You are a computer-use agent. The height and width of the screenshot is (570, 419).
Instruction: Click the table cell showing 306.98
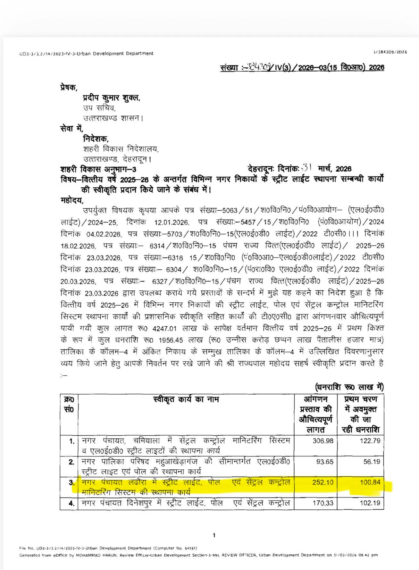pos(323,441)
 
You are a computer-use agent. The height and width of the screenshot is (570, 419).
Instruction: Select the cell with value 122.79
pos(370,441)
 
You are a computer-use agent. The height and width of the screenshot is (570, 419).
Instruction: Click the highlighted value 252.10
pos(323,482)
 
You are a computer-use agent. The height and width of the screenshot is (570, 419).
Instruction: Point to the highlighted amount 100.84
pos(370,482)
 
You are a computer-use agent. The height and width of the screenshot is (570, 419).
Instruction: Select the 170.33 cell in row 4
pos(323,503)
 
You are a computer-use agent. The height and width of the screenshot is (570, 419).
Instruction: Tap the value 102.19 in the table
pos(370,503)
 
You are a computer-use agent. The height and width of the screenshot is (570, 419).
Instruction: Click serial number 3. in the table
pos(72,482)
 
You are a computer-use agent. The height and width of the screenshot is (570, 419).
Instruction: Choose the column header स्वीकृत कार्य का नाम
pos(186,399)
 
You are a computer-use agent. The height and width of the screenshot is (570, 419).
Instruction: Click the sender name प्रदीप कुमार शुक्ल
pos(111,98)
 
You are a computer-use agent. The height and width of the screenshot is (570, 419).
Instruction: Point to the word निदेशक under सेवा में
pos(96,139)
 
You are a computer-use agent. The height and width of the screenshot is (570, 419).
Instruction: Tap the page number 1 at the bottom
pos(214,535)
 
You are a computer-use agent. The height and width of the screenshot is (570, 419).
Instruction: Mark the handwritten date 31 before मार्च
pos(307,168)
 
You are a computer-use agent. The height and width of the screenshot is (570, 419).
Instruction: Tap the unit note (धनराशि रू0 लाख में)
pos(349,387)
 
